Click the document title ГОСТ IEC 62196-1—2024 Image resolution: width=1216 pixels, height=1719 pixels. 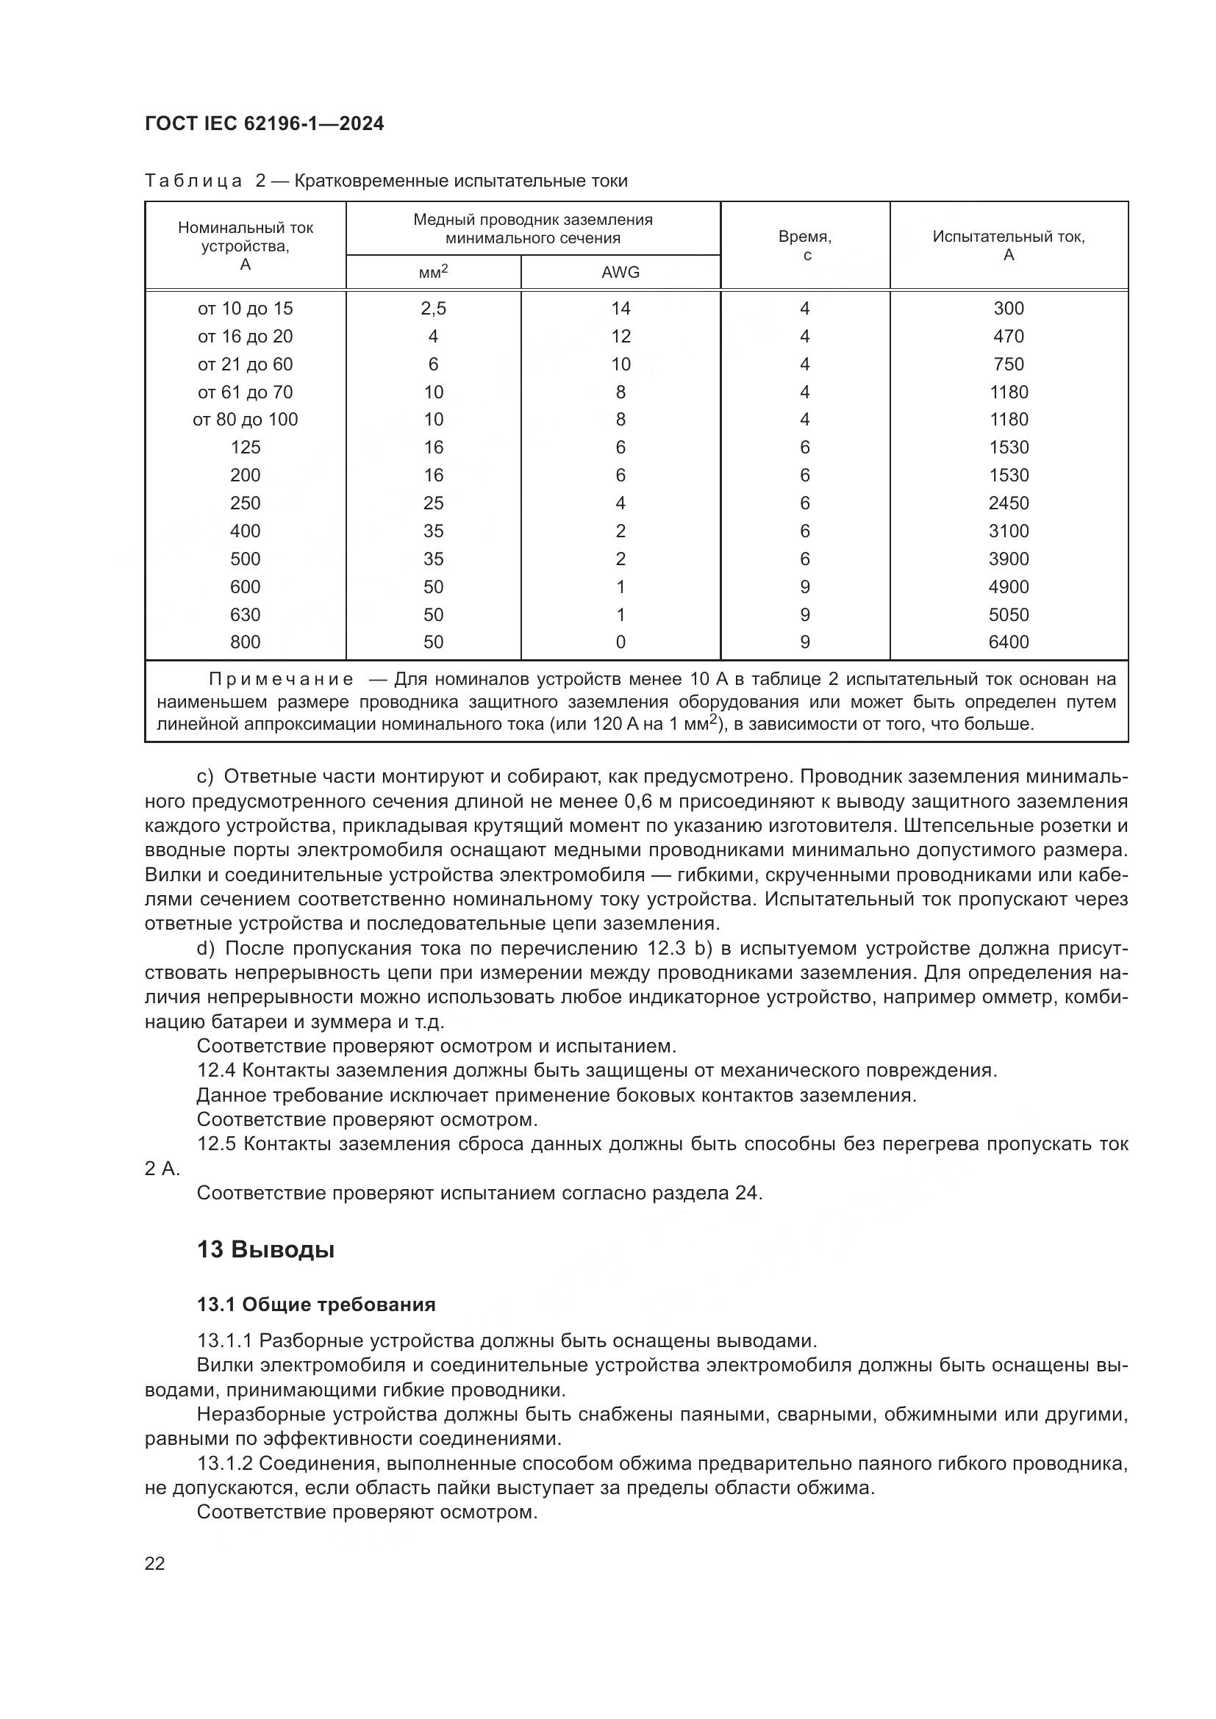pos(265,124)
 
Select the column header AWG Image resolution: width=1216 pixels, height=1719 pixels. pos(620,273)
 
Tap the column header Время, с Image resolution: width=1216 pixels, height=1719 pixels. pos(805,245)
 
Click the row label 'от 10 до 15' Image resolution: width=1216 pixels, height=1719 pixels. pos(245,309)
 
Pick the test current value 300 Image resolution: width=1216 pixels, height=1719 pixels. pos(1009,309)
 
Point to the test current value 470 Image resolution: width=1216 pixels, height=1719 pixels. pos(1009,336)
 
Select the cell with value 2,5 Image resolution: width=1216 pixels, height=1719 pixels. pos(434,309)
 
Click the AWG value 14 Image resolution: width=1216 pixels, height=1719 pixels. pos(620,309)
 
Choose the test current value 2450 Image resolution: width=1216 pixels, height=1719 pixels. pos(1009,503)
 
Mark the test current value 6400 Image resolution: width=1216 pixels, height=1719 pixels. pos(1009,642)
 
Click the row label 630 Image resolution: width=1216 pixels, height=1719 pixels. pos(245,614)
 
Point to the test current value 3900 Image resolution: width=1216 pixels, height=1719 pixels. pos(1009,559)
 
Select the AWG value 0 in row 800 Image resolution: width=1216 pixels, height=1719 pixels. pos(620,642)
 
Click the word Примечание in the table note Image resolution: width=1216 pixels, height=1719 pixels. pos(281,680)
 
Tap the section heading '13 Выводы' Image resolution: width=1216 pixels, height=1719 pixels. pos(265,1249)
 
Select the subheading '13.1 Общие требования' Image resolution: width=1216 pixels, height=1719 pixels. pos(316,1305)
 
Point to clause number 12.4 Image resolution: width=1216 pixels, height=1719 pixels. pos(216,1071)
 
